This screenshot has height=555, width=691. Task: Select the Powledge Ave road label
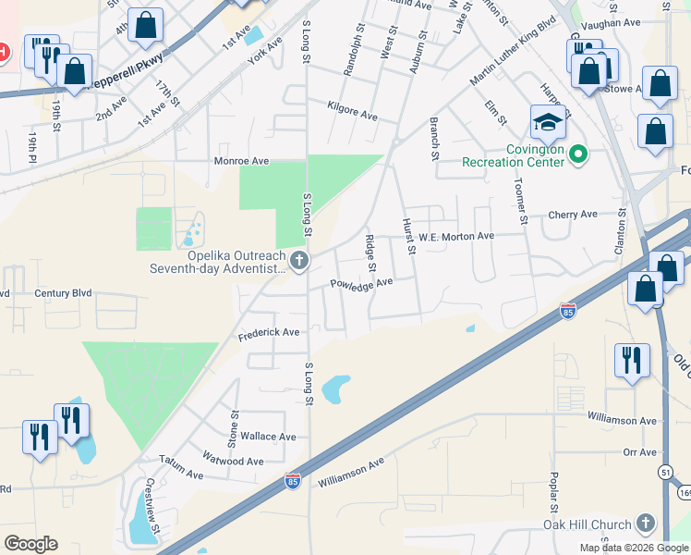click(x=362, y=283)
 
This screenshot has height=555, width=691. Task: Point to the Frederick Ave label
click(x=269, y=332)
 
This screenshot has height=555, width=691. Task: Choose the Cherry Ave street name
click(x=573, y=215)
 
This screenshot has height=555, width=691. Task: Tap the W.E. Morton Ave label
click(x=456, y=237)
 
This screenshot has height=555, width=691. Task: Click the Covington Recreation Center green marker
click(x=579, y=154)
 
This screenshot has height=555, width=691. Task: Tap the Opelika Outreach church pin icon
click(x=298, y=262)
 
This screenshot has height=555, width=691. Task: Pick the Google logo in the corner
click(x=31, y=543)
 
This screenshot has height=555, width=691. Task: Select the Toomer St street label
click(x=522, y=202)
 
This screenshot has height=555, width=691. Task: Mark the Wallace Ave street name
click(x=269, y=437)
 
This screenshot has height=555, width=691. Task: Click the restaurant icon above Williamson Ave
click(x=633, y=360)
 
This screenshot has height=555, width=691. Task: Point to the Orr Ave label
click(x=639, y=452)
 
